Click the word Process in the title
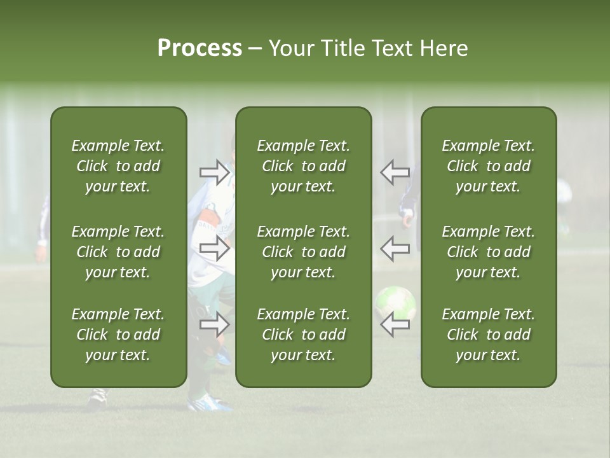[x=200, y=48]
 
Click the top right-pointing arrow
[x=214, y=172]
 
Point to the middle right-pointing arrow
[x=214, y=249]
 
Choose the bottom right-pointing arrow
[x=214, y=324]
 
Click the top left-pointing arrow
[x=395, y=172]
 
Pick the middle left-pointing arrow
[x=395, y=249]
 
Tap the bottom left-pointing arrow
[x=395, y=324]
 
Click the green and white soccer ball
[x=395, y=302]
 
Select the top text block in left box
[x=118, y=166]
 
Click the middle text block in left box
[x=118, y=252]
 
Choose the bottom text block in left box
[x=118, y=335]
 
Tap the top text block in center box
[x=303, y=166]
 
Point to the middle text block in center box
[x=303, y=252]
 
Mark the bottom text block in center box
[x=303, y=335]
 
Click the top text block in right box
[x=488, y=166]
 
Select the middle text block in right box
[x=488, y=252]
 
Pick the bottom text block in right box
[x=488, y=335]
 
